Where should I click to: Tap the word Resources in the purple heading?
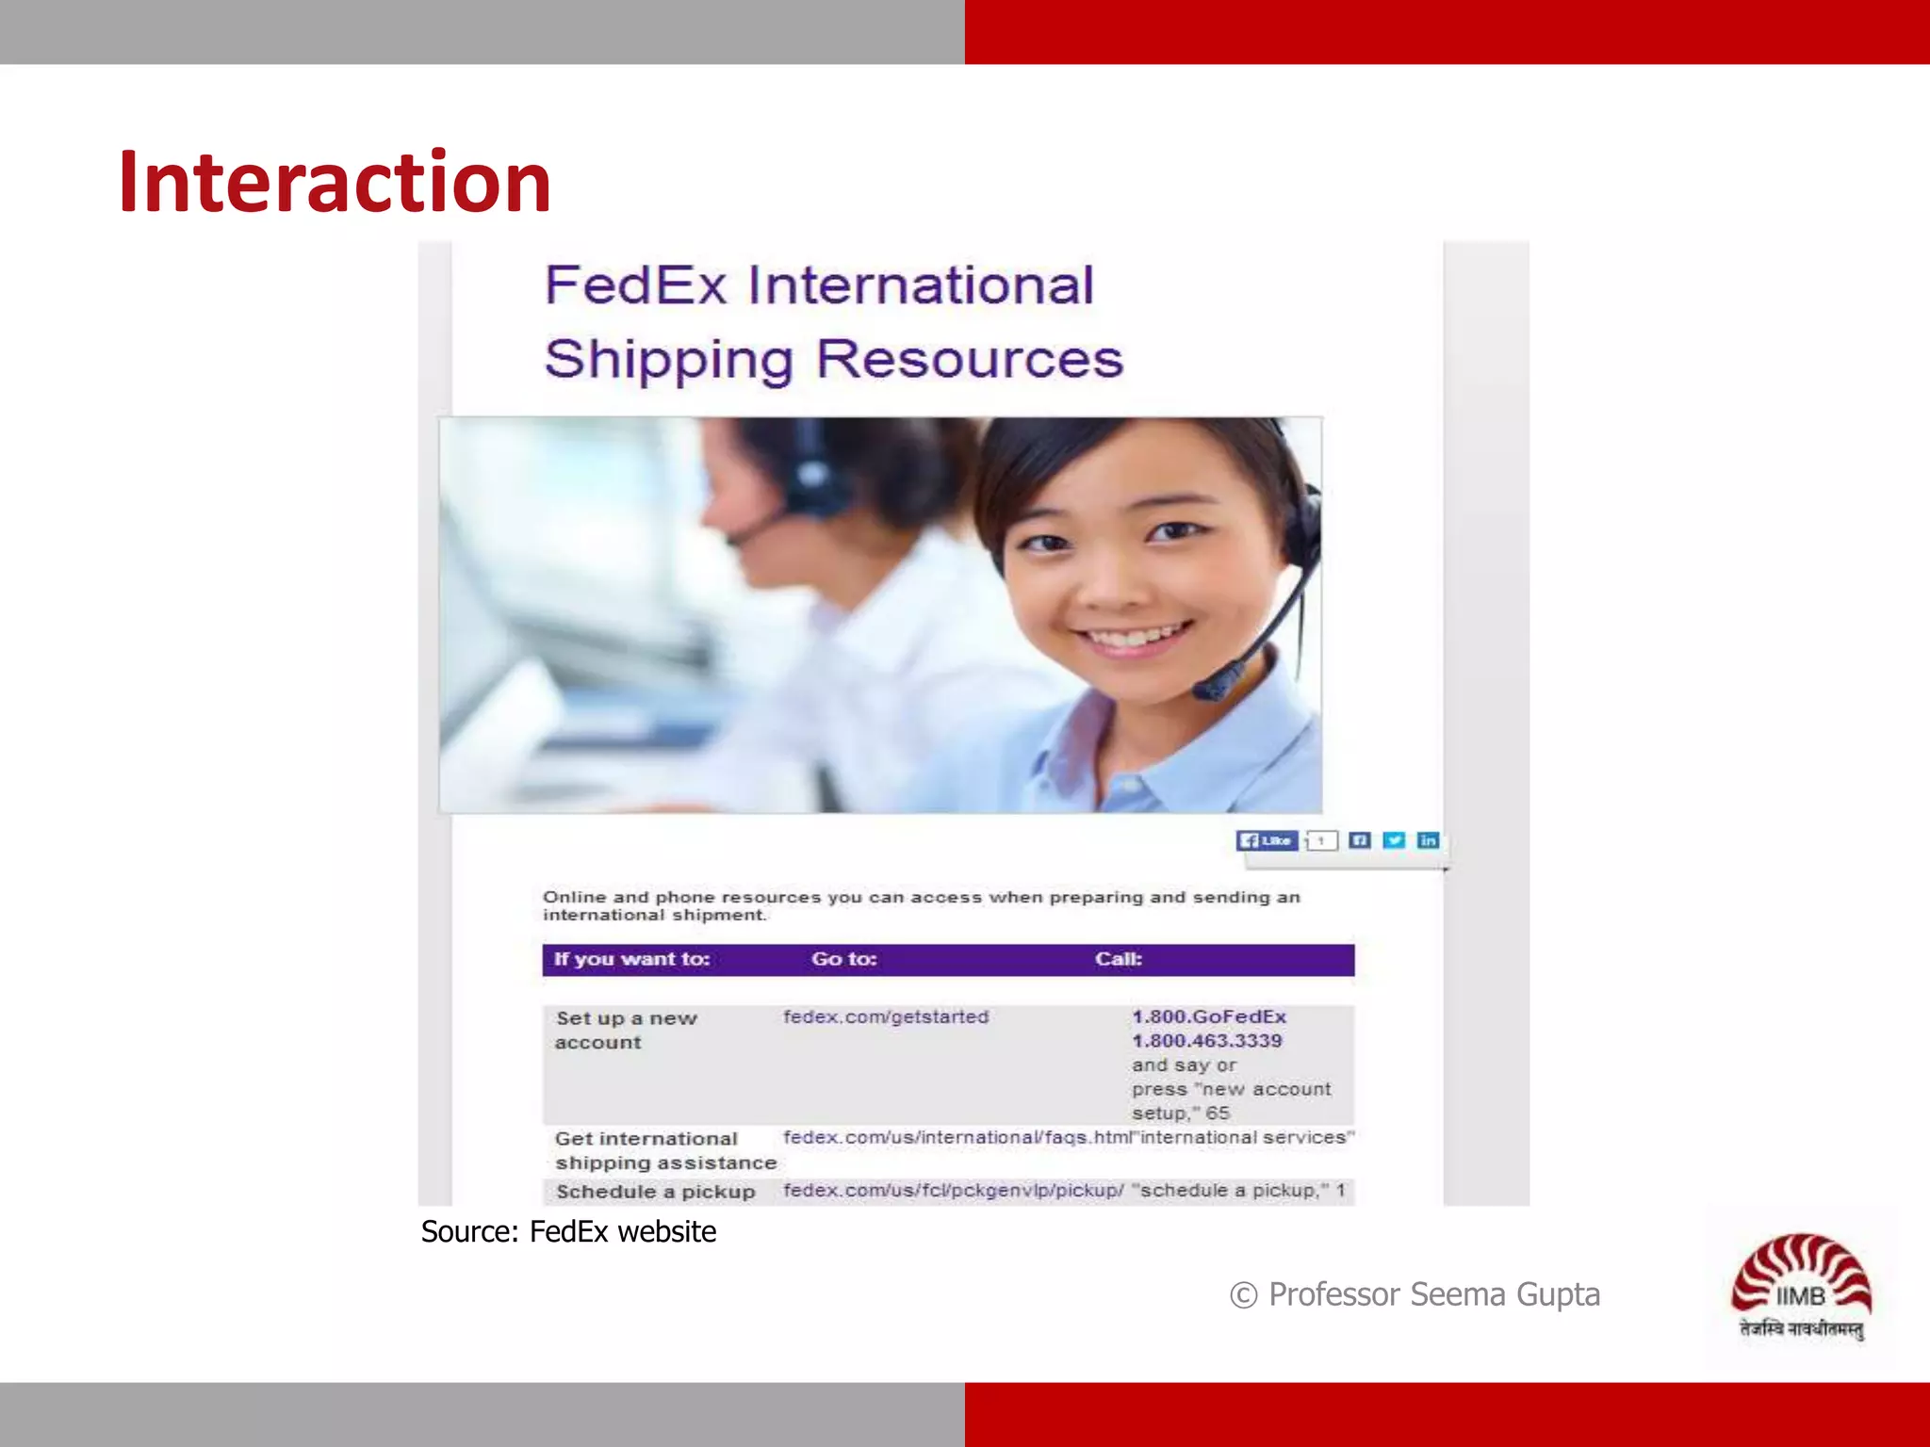tap(970, 359)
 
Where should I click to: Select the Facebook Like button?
tap(1267, 840)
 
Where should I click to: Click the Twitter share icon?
tap(1394, 840)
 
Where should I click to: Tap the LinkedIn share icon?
tap(1428, 840)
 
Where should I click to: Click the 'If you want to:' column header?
tap(631, 959)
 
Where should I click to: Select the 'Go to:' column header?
tap(844, 959)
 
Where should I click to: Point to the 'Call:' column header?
tap(1119, 959)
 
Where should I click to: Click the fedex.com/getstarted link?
tap(886, 1017)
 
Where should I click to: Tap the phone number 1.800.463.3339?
tap(1207, 1041)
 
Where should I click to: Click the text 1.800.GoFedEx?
tap(1209, 1016)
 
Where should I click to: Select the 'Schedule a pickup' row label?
tap(656, 1192)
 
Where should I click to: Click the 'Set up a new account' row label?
tap(626, 1030)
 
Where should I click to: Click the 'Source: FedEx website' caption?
tap(568, 1232)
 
